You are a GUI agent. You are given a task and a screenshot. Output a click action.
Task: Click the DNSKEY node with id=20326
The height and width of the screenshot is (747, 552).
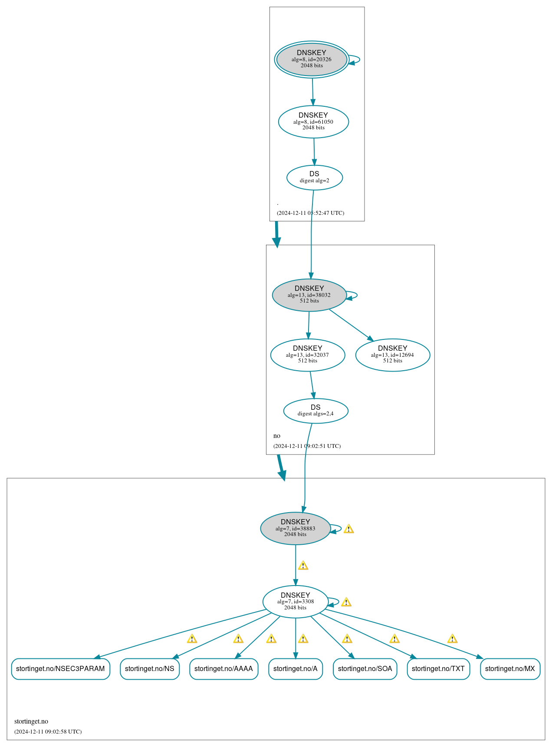tap(312, 59)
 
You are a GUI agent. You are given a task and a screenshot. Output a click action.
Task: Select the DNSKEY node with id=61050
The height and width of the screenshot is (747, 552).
tap(313, 122)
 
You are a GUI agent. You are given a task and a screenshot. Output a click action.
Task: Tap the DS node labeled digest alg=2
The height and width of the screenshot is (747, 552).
tap(315, 178)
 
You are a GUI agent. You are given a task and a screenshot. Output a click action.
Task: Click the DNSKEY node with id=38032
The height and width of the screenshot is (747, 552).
tap(309, 295)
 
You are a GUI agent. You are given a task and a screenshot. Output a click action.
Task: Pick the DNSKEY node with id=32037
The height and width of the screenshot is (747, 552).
tap(308, 355)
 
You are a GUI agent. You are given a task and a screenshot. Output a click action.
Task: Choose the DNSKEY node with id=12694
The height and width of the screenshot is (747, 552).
tap(393, 355)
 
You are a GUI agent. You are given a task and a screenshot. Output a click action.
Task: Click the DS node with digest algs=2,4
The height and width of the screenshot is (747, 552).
tap(315, 411)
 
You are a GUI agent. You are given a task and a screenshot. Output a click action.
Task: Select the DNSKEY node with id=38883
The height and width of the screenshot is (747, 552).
tap(296, 528)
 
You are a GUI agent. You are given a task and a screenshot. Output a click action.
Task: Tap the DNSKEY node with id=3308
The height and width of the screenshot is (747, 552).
tap(296, 602)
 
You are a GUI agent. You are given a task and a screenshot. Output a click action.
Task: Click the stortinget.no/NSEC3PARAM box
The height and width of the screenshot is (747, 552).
tap(60, 669)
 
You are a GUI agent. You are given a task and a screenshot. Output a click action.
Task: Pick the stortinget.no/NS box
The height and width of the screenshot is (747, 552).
tap(150, 669)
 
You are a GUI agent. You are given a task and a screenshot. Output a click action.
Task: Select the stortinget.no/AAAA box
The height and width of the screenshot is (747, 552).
tap(223, 669)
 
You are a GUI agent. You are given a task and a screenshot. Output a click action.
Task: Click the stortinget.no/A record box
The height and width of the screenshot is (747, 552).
tap(296, 669)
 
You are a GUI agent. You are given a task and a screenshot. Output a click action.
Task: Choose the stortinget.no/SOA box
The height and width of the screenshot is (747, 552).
tap(365, 669)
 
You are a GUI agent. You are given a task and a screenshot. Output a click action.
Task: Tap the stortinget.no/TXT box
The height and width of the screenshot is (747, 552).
tap(438, 669)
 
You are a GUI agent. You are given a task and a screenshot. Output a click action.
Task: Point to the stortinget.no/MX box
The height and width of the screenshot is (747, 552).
tap(510, 669)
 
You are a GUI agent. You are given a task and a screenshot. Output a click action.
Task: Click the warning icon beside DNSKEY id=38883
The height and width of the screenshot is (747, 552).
tap(348, 529)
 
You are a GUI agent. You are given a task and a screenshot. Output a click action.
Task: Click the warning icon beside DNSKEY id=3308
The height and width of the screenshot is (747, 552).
tap(346, 602)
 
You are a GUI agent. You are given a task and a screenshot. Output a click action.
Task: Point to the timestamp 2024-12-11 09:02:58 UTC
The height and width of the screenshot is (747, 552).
tap(48, 731)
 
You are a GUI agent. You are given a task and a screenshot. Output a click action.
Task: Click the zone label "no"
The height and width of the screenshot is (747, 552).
tap(277, 436)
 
